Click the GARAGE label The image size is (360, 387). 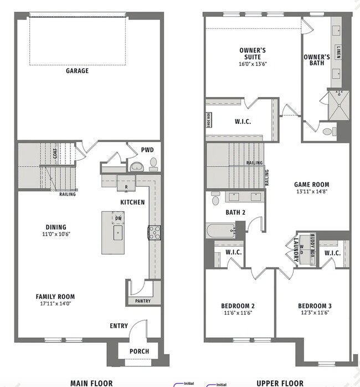coord(77,71)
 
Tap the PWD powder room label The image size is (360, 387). coord(147,150)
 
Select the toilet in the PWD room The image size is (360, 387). coord(153,163)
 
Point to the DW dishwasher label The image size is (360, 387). coord(118,218)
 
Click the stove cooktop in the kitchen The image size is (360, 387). coord(153,232)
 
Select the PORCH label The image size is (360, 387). coord(139,351)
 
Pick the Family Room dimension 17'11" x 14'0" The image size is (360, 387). coord(55,303)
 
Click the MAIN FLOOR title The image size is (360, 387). coord(91,383)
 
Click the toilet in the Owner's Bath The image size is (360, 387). coord(328,132)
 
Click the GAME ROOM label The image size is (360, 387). coord(311,185)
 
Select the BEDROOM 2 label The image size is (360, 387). coord(238,306)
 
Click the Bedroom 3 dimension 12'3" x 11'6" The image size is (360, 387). coord(314,313)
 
